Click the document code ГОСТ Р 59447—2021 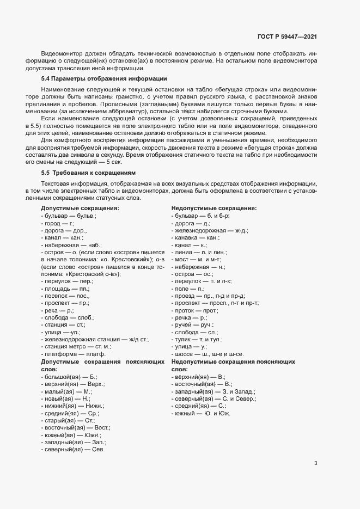(x=287, y=37)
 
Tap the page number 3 (x=316, y=463)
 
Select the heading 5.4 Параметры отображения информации (x=100, y=79)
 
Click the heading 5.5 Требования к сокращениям (x=91, y=172)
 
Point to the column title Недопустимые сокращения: (x=214, y=208)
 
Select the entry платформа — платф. (x=73, y=354)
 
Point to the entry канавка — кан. (x=196, y=238)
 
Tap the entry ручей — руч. (x=193, y=324)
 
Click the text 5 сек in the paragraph (x=115, y=163)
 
